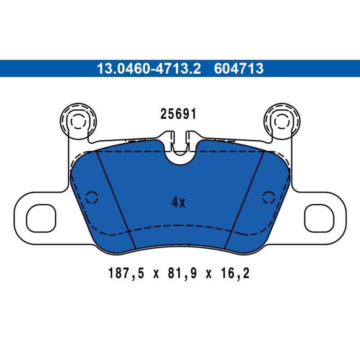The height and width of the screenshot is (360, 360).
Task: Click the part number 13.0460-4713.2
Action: pyautogui.click(x=149, y=68)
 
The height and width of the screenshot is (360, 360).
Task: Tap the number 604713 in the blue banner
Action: pyautogui.click(x=239, y=68)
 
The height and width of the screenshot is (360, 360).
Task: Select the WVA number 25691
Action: pyautogui.click(x=178, y=114)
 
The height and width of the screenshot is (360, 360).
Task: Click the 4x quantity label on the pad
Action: pyautogui.click(x=178, y=202)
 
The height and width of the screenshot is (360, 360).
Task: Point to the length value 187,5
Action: pyautogui.click(x=126, y=274)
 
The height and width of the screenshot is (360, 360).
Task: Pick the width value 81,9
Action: pyautogui.click(x=182, y=274)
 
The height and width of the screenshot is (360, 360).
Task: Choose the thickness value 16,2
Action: pyautogui.click(x=235, y=274)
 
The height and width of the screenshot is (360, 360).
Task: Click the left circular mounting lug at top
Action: pyautogui.click(x=78, y=121)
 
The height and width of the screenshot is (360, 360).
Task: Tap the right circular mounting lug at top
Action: pyautogui.click(x=282, y=121)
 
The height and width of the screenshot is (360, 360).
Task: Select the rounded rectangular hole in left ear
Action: pyautogui.click(x=41, y=218)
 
